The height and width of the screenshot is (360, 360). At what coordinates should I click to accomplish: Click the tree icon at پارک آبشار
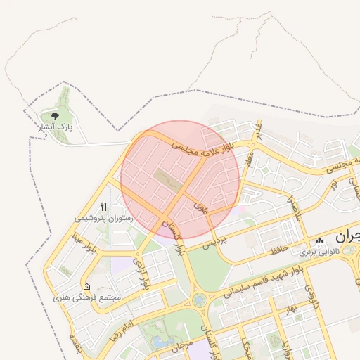[55, 115]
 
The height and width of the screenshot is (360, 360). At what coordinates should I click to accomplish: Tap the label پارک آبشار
[56, 127]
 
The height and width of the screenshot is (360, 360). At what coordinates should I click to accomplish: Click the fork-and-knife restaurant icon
[103, 207]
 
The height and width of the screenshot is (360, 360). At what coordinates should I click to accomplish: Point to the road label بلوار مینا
[82, 243]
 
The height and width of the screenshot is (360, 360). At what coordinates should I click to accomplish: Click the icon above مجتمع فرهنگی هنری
[86, 287]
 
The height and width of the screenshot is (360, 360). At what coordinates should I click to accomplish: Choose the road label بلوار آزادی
[143, 274]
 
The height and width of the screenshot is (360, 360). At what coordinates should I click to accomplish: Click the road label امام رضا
[122, 327]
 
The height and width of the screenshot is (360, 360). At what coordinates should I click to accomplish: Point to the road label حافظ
[276, 250]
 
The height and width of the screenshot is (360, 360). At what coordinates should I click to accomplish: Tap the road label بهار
[291, 307]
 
